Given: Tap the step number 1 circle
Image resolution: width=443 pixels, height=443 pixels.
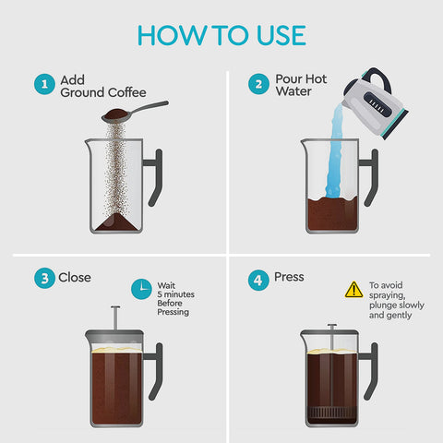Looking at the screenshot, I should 42,85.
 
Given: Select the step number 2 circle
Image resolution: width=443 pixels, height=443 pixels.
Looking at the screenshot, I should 259,85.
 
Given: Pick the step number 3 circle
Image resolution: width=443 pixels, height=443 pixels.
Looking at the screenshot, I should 42,278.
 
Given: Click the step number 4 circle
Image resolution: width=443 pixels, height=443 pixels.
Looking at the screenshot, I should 259,278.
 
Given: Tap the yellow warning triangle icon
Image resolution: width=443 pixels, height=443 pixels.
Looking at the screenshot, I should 353,290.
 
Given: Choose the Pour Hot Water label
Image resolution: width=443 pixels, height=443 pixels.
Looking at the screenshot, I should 299,86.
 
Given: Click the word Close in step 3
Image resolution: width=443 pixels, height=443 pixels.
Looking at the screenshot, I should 75,277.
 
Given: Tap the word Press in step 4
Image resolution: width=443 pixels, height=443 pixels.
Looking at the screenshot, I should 289,277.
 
